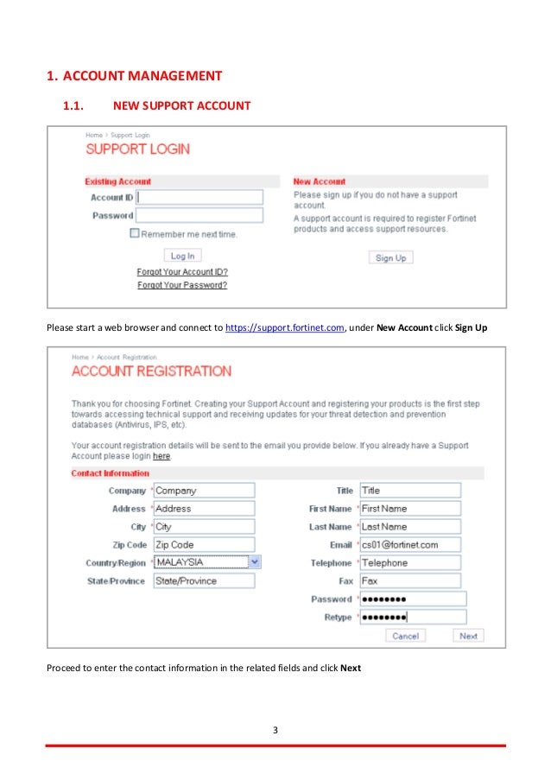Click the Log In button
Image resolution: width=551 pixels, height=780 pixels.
(x=182, y=256)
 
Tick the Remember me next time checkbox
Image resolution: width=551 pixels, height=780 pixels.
(x=135, y=233)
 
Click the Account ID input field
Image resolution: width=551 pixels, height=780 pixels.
(x=199, y=197)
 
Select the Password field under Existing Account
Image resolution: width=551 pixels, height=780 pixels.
(x=199, y=215)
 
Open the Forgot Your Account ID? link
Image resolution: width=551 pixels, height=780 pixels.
(x=182, y=272)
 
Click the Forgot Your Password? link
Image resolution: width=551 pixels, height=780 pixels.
(x=182, y=285)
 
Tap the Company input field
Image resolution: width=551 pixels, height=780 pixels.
(x=204, y=491)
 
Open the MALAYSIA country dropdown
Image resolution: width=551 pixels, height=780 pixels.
(x=254, y=562)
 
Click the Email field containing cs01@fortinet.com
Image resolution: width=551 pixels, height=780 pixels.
(x=409, y=545)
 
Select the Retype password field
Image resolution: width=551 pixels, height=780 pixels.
(x=412, y=618)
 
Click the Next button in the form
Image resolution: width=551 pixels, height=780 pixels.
(x=468, y=636)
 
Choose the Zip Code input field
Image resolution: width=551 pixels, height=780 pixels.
(x=204, y=545)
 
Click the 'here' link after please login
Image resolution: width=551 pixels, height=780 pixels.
(x=161, y=456)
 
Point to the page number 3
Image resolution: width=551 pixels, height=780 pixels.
(x=275, y=731)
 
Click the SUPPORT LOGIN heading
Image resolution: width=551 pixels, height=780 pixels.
(x=137, y=149)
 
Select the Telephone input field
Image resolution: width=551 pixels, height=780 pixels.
(x=409, y=563)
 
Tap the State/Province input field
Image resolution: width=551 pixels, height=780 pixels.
(x=204, y=581)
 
